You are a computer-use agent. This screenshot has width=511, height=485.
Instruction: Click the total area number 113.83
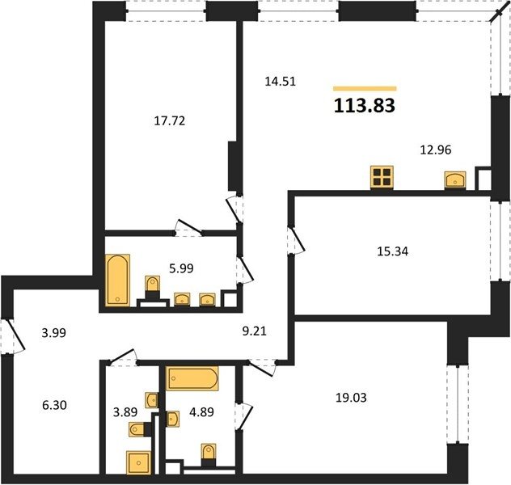(x=365, y=106)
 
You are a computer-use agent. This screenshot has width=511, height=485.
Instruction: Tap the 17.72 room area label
(x=170, y=120)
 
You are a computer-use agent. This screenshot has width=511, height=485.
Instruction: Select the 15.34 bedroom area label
(x=392, y=251)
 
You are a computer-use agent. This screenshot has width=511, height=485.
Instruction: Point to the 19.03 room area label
(x=351, y=398)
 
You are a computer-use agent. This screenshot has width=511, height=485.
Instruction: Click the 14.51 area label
(x=281, y=82)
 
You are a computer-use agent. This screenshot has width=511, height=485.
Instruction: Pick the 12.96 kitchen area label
(x=436, y=150)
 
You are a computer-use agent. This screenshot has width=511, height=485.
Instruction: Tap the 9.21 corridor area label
(x=255, y=331)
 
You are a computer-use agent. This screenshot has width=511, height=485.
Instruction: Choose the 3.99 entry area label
(x=54, y=333)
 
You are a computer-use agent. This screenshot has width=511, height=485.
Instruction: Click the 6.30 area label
(x=54, y=405)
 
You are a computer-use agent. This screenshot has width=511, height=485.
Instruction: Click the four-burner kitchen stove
(x=382, y=178)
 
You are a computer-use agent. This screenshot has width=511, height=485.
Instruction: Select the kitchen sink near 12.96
(x=455, y=180)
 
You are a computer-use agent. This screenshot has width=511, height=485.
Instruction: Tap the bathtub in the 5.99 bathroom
(x=118, y=280)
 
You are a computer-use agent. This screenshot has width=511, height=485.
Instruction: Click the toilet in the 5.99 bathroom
(x=152, y=285)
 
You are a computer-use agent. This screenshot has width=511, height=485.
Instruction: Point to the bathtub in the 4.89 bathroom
(x=192, y=378)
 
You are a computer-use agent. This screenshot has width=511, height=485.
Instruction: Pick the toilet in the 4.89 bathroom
(x=209, y=452)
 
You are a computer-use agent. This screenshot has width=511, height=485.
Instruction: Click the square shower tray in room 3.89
(x=138, y=462)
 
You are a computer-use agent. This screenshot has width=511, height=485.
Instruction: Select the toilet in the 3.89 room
(x=137, y=429)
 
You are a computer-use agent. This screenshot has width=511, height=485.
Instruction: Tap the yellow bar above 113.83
(x=365, y=88)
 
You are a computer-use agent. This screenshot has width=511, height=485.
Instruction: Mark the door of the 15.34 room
(x=296, y=240)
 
